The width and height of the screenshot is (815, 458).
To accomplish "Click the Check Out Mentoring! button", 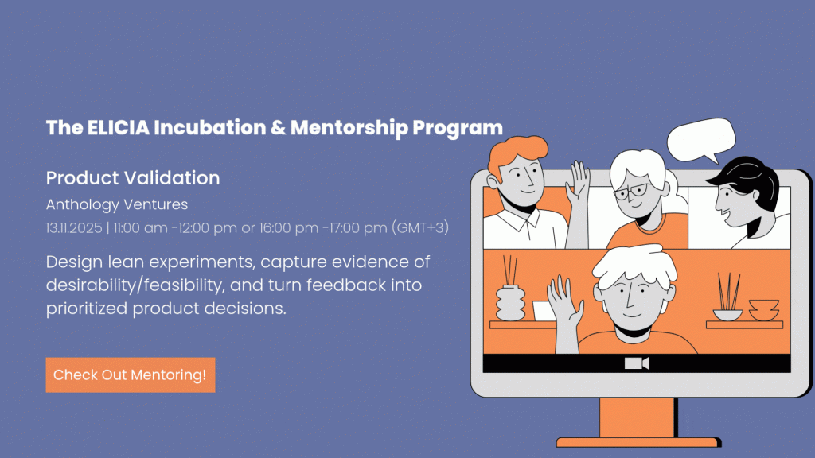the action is coord(131,375).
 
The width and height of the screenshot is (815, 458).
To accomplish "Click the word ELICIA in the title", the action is coord(118,128).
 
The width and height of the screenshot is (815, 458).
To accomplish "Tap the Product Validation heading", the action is coord(133,178).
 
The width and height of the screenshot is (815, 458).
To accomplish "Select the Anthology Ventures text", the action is coord(117,204).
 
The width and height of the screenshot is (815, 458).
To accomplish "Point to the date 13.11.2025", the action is coord(74,228).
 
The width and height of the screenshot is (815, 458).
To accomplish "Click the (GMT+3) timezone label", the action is coord(420,228).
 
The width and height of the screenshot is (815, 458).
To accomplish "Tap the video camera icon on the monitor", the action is coord(637,363).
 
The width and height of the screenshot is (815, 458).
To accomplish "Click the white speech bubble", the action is coord(700,139).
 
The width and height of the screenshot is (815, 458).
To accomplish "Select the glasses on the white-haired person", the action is coord(631,192).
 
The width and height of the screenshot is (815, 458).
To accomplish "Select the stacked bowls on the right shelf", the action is coord(763,310).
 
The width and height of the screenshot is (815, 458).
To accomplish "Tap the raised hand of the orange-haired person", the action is coord(578,184).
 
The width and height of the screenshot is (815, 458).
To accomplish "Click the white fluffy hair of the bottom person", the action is coord(635,268).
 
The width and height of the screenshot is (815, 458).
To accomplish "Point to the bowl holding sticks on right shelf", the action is coord(727,314).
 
